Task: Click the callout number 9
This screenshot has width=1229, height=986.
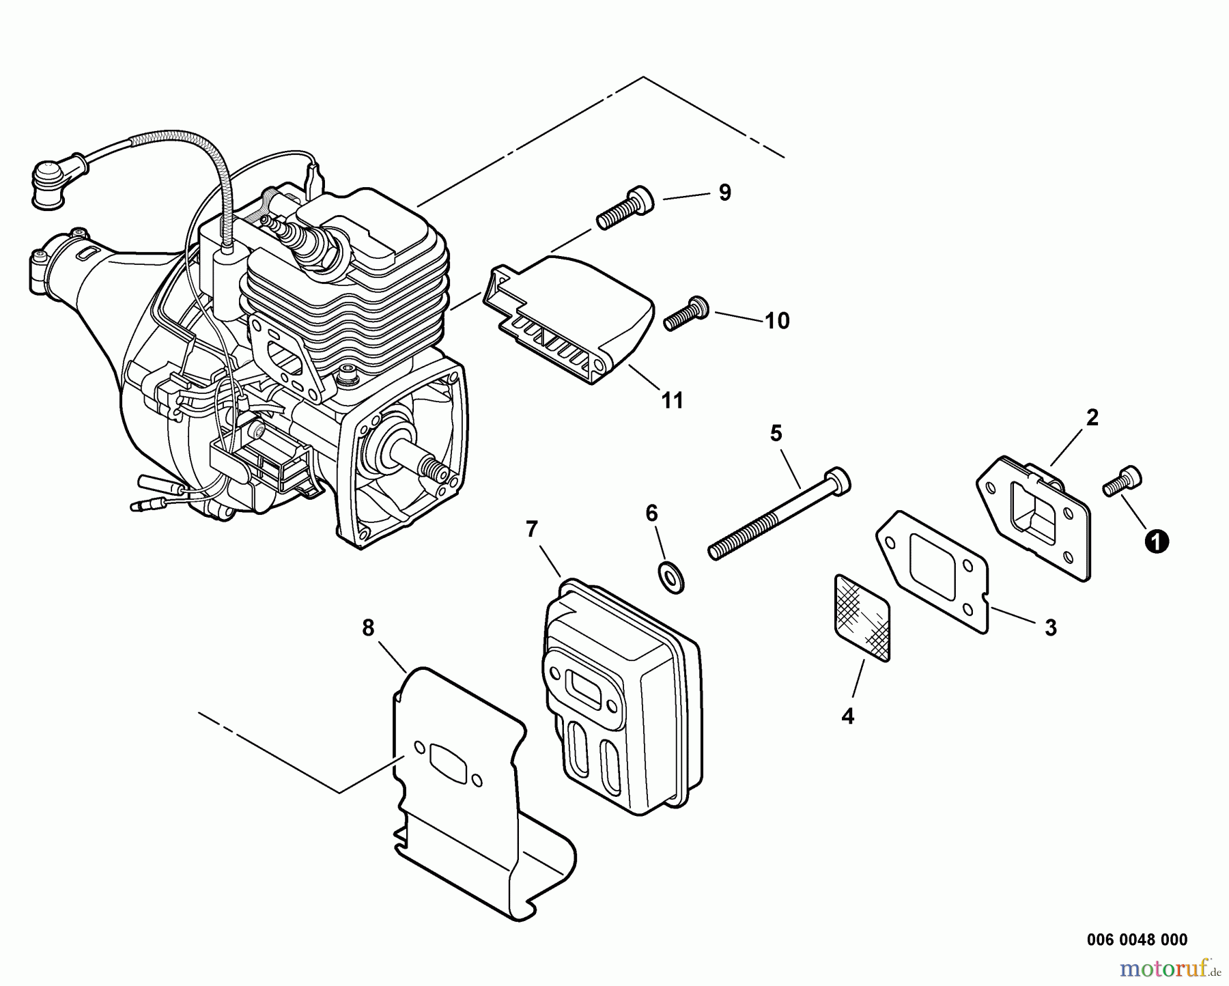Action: point(724,193)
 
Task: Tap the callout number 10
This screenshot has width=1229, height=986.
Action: point(776,320)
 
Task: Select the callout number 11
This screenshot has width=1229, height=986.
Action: point(673,400)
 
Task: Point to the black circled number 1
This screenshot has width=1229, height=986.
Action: point(1157,541)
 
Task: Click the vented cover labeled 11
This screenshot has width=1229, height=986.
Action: point(570,318)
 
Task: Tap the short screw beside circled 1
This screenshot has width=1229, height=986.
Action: point(1122,482)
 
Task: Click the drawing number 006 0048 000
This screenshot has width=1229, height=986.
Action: point(1137,940)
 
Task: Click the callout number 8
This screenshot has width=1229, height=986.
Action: point(368,628)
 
